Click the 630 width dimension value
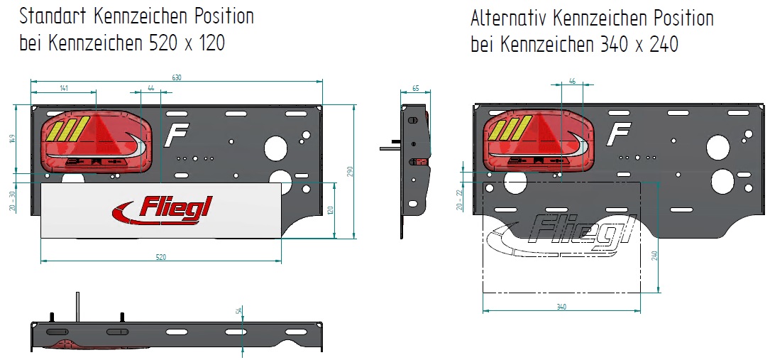pyautogui.click(x=177, y=77)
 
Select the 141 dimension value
pyautogui.click(x=64, y=88)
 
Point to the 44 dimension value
pyautogui.click(x=150, y=88)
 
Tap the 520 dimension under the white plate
pyautogui.click(x=160, y=257)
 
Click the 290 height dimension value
pyautogui.click(x=349, y=171)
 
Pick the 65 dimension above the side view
pyautogui.click(x=415, y=89)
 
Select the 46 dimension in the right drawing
pyautogui.click(x=572, y=82)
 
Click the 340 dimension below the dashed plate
pyautogui.click(x=561, y=307)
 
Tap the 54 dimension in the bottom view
pyautogui.click(x=238, y=310)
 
